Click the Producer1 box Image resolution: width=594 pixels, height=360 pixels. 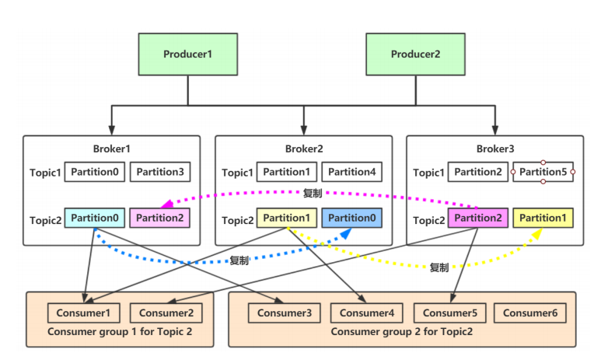(187, 54)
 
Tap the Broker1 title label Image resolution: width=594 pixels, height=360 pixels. (111, 148)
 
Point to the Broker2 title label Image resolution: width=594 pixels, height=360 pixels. (303, 148)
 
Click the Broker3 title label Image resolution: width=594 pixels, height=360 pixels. (495, 148)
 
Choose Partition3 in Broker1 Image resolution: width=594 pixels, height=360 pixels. (159, 172)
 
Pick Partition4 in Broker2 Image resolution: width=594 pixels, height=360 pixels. (351, 172)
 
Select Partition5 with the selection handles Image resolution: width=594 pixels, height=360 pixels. (543, 172)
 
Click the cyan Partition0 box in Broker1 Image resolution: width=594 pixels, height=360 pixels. (94, 218)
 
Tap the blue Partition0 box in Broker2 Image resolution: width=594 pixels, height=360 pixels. (351, 218)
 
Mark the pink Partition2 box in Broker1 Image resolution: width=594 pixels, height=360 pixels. (159, 218)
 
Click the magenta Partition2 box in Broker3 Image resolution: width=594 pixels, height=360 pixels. (478, 218)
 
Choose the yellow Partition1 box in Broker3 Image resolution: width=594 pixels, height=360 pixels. (543, 218)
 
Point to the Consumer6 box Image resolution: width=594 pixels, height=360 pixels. (529, 313)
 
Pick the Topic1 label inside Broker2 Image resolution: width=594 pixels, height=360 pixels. (237, 173)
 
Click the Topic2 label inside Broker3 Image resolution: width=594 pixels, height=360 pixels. (429, 220)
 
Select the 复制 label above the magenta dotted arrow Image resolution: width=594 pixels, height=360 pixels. (313, 193)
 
